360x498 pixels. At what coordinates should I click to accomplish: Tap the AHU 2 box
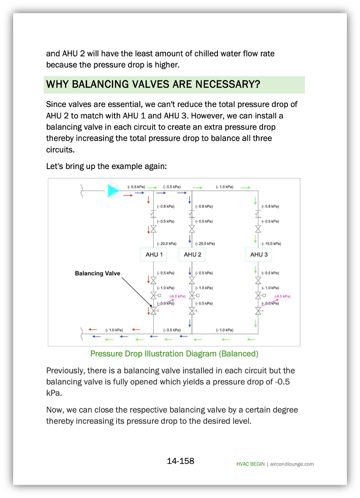point(192,254)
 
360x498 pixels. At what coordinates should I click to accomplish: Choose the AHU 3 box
point(259,254)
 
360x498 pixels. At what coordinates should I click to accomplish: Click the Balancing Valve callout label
point(97,273)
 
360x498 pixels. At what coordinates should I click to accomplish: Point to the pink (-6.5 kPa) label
point(177,296)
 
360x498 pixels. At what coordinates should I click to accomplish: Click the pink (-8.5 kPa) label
point(282,296)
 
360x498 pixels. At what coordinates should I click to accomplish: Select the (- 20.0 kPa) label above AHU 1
point(167,243)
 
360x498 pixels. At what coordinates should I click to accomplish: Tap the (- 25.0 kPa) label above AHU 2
point(205,243)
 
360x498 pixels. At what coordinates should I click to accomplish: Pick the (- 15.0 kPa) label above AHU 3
point(271,243)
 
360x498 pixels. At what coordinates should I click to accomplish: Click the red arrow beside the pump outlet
point(128,195)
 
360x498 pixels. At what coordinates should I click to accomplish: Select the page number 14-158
point(180,461)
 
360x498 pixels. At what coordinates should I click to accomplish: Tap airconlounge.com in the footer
point(292,464)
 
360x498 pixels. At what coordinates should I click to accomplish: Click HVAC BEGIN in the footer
point(250,464)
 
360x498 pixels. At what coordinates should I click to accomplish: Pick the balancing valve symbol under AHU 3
point(258,311)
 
